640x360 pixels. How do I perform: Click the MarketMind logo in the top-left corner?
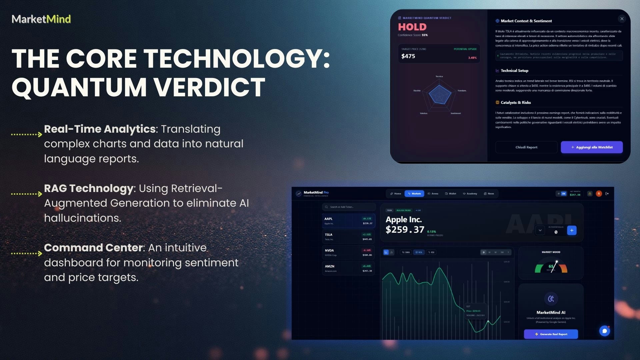point(41,19)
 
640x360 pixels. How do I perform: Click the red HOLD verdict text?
point(412,27)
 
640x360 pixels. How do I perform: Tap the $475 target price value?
point(408,56)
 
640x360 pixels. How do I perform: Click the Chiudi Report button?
point(526,147)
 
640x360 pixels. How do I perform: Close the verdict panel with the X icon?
point(622,19)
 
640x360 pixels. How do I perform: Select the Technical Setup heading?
point(514,71)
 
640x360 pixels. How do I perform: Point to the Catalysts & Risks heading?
point(515,102)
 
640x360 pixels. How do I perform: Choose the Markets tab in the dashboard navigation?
point(414,194)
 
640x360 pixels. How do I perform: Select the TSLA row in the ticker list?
point(348,237)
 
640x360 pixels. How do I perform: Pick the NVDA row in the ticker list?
point(348,253)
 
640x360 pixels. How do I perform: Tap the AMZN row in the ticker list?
point(348,268)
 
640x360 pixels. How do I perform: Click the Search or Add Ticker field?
point(349,207)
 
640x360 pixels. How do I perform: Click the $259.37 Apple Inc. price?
point(405,230)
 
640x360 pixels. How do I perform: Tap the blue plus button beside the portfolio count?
point(572,230)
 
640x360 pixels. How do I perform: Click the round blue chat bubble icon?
point(604,331)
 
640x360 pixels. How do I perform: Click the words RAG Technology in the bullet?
point(89,188)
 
